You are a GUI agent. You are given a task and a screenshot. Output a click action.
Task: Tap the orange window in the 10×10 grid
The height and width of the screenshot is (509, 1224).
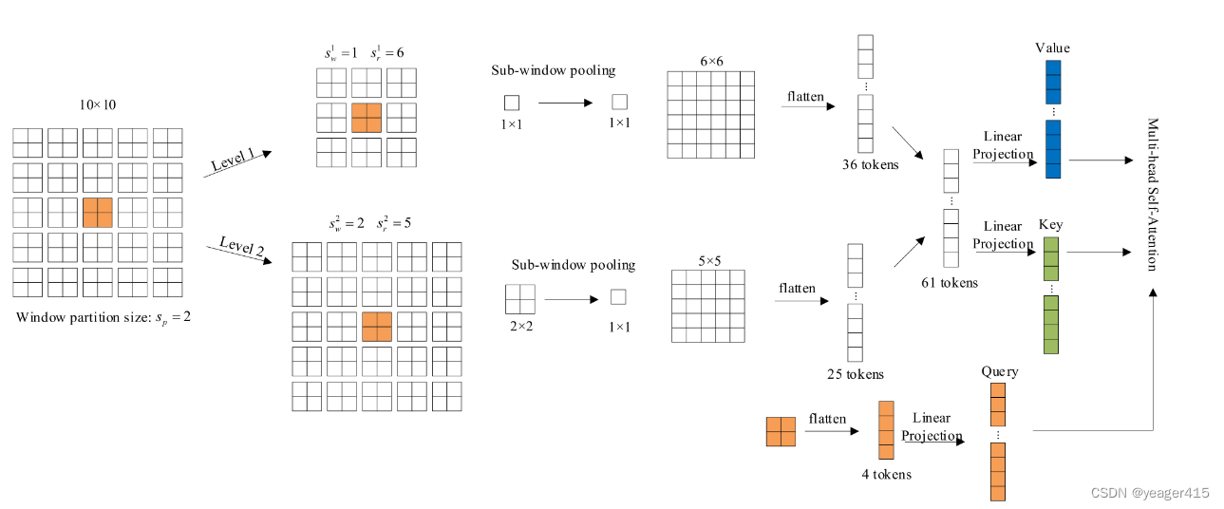tap(97, 212)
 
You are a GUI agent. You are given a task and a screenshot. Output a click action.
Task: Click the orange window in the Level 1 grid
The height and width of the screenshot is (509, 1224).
tap(367, 117)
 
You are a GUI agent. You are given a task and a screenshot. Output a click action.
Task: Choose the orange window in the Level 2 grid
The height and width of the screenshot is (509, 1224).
tap(377, 327)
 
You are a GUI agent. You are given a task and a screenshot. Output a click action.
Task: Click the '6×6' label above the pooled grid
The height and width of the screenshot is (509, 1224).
tap(711, 61)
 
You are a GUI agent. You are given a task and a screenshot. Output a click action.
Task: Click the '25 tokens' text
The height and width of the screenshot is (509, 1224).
tap(857, 374)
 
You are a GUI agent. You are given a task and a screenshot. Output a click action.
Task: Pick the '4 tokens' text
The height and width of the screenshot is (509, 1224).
tap(886, 474)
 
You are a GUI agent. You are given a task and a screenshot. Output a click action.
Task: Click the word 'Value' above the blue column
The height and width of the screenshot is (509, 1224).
tap(1052, 47)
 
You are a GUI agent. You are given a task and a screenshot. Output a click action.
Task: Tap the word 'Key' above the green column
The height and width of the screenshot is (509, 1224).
tap(1050, 225)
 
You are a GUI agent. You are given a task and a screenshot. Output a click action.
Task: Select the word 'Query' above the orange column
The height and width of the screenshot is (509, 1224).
tap(999, 371)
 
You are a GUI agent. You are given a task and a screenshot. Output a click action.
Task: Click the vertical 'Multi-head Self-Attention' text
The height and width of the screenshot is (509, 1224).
tap(1152, 195)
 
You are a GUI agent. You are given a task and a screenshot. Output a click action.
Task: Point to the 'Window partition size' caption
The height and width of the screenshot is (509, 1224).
tap(104, 317)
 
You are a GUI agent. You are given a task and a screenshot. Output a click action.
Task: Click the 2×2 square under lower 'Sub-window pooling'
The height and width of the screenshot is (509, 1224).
tap(519, 299)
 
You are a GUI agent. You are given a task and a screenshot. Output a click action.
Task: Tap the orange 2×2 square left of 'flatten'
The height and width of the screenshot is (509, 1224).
tap(780, 431)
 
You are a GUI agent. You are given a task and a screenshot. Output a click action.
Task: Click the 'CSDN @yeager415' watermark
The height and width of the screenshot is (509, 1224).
tap(1150, 493)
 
